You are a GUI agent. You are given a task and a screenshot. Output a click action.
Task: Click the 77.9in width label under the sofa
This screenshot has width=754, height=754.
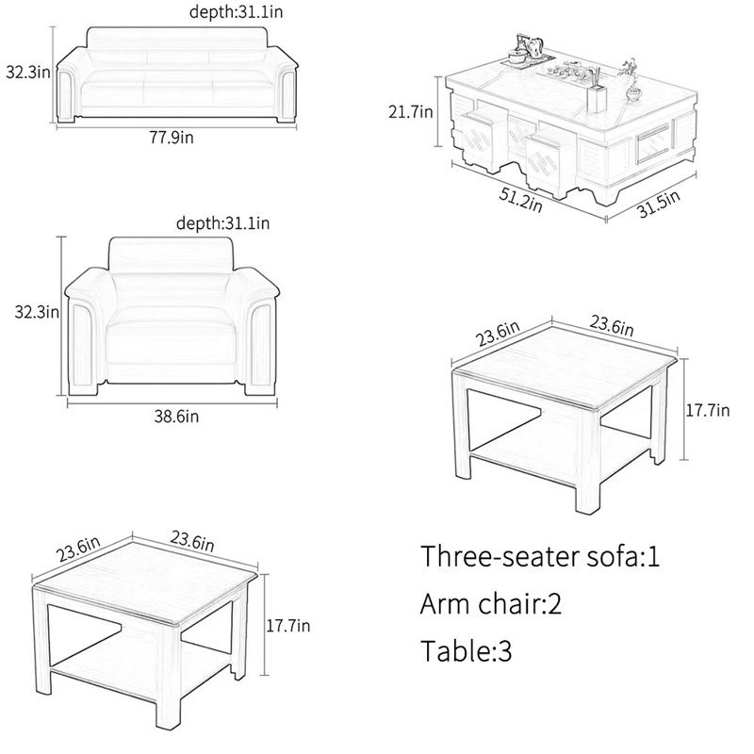[x=172, y=138]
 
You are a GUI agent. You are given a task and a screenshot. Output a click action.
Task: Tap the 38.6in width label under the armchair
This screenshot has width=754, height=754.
[x=176, y=416]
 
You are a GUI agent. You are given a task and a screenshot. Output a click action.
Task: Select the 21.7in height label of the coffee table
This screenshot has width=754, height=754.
[x=411, y=112]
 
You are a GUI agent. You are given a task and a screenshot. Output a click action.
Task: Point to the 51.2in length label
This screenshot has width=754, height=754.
[x=521, y=200]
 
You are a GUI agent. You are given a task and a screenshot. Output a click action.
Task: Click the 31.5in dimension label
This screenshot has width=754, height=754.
[x=659, y=204]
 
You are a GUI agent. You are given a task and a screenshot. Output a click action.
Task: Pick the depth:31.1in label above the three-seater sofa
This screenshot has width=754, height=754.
[x=237, y=11]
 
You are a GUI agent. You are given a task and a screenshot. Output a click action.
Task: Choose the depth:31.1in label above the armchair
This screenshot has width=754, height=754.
[x=223, y=223]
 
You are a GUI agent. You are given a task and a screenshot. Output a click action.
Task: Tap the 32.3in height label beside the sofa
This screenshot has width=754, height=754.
[x=28, y=73]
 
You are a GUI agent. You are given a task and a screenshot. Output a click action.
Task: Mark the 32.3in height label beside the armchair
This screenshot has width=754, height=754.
[x=37, y=312]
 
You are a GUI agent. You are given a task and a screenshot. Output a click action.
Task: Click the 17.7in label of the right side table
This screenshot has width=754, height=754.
[x=708, y=410]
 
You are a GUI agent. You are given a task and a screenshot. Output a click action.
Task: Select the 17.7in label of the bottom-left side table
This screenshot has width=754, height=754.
[x=288, y=626]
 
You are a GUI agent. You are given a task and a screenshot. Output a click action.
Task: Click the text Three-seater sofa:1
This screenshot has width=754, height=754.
[x=540, y=556]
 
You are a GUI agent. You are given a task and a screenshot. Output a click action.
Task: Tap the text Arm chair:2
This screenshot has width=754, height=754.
[x=490, y=603]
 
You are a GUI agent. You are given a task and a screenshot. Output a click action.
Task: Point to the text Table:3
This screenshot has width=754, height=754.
[x=466, y=650]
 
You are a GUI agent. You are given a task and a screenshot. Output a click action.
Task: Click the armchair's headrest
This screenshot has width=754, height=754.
[x=171, y=254]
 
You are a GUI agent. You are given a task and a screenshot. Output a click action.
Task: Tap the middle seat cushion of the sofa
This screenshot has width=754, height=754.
[x=178, y=95]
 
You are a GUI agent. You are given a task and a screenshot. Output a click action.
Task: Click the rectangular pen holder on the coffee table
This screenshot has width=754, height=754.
[x=597, y=98]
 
